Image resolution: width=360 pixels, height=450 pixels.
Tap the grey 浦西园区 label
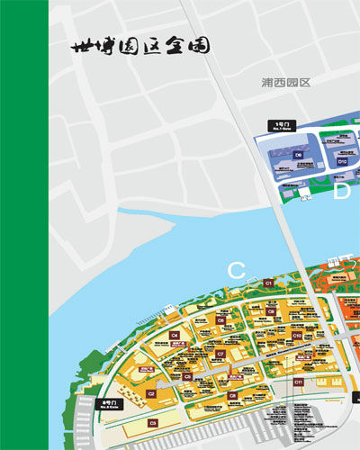[285, 82]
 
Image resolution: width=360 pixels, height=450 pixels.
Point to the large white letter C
[237, 269]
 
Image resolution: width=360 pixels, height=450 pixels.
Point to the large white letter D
[342, 191]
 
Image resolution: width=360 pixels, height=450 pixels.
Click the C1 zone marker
[268, 283]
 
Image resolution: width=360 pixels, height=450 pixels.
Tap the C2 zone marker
[152, 393]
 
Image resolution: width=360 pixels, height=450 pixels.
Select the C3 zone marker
[154, 421]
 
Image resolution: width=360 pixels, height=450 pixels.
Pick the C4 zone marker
[175, 335]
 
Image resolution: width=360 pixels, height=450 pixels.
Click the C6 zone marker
[220, 319]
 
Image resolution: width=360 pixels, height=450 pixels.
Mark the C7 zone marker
[220, 354]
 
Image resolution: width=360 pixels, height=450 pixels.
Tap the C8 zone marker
[231, 394]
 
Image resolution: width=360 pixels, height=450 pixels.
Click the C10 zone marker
[297, 335]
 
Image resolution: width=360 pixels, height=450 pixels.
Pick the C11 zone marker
[299, 382]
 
